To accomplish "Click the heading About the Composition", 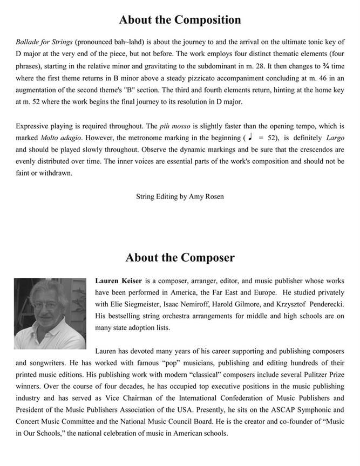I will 180,20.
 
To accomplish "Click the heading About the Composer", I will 180,258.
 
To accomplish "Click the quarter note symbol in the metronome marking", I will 250,138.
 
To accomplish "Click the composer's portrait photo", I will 50,313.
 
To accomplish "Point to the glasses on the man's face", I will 46,305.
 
